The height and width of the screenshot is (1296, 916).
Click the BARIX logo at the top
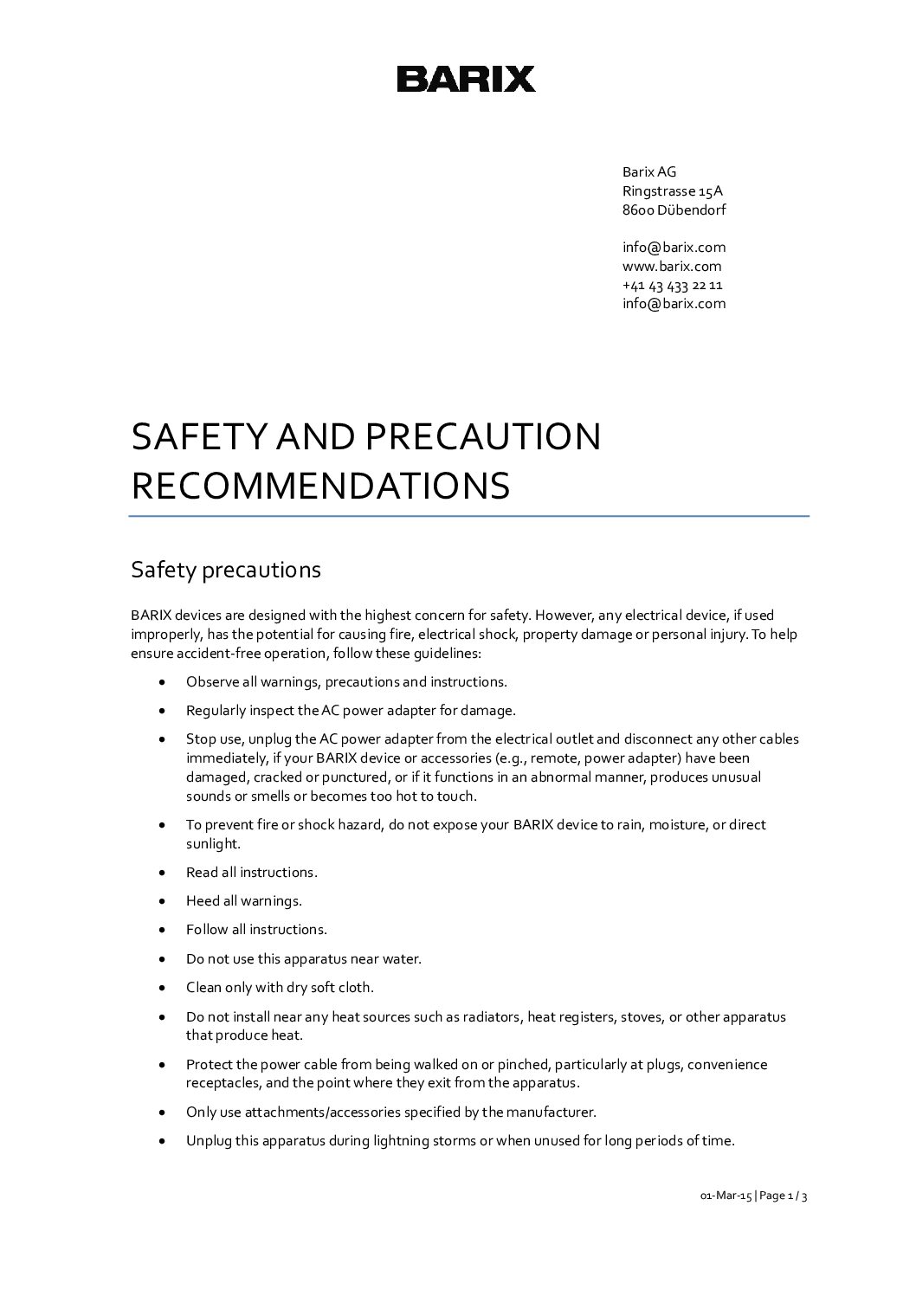click(x=466, y=79)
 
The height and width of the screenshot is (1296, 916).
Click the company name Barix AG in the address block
click(x=649, y=171)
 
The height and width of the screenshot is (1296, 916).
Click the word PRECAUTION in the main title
click(x=482, y=437)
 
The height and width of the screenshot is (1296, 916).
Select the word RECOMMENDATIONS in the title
click(x=320, y=486)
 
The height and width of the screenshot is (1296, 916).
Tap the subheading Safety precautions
click(x=225, y=570)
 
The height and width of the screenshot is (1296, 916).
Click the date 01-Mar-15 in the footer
click(x=725, y=1196)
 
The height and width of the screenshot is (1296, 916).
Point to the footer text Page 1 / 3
click(x=784, y=1196)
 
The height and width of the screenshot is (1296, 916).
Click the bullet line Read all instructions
click(x=251, y=872)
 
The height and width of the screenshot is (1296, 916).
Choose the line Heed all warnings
click(x=243, y=900)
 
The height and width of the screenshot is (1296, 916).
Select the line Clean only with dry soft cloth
click(x=280, y=987)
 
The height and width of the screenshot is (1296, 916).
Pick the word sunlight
click(x=212, y=843)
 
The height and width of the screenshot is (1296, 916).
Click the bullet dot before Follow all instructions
click(x=163, y=930)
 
